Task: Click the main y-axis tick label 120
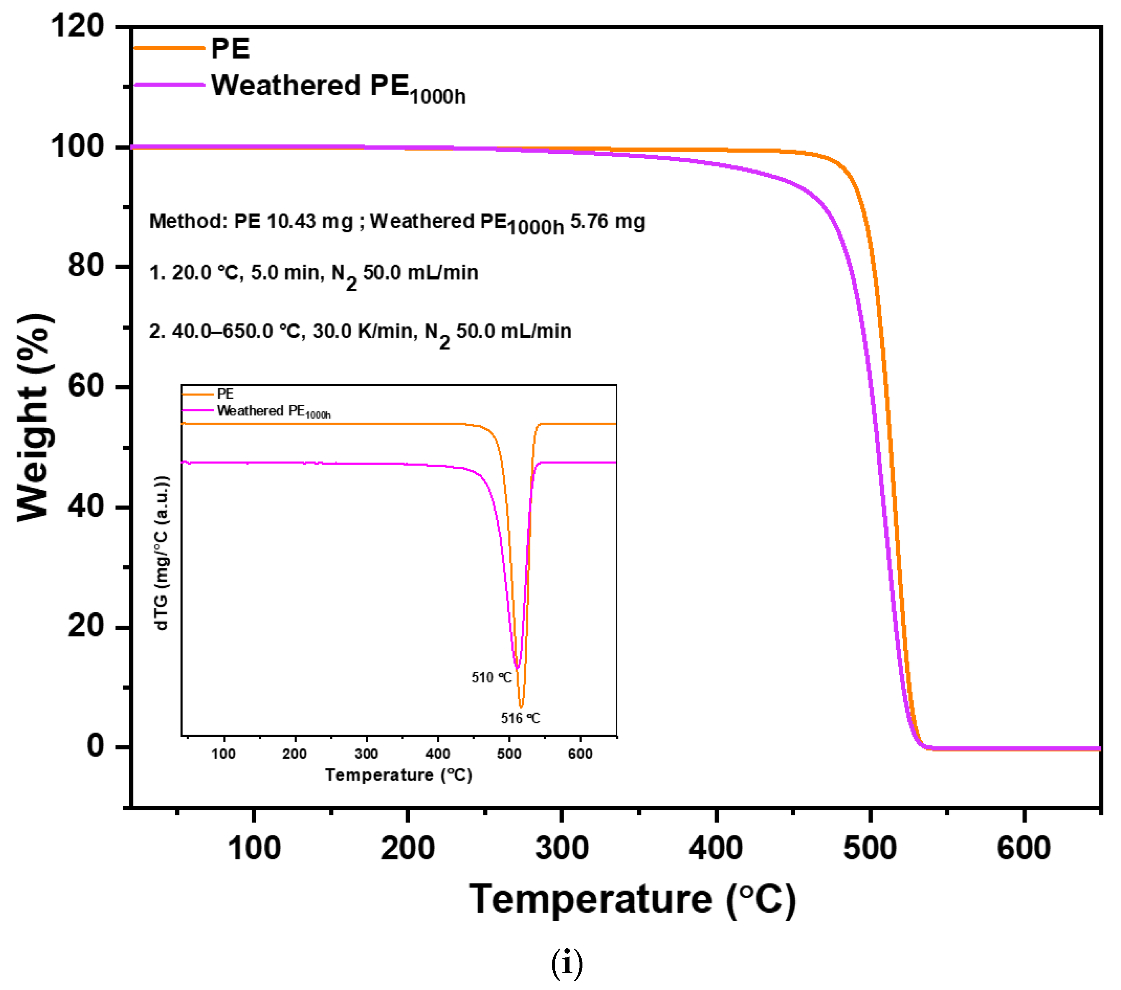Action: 77,26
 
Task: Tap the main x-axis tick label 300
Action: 562,848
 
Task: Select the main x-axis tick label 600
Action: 1024,848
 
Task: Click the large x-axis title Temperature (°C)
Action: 632,900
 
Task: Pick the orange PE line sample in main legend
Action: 169,48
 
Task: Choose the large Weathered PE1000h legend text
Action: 338,88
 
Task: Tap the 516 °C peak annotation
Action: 520,718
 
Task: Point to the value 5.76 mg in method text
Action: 608,221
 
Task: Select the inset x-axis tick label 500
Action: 509,754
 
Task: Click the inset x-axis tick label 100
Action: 223,754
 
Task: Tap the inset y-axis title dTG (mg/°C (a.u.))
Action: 162,553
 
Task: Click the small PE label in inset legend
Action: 225,394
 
